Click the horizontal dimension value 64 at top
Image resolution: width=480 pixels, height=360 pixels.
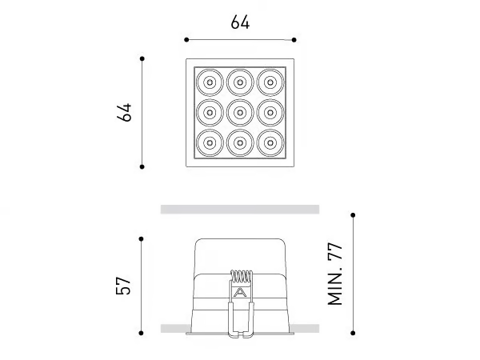tap(240, 22)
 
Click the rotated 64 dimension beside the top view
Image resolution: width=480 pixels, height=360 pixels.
tap(124, 112)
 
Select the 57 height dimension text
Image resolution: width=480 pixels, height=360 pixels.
tap(123, 286)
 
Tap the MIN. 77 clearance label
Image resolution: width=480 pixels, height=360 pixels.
tap(335, 274)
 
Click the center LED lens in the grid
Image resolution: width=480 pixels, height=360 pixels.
tap(240, 113)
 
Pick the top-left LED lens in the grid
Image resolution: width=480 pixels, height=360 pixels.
tap(210, 82)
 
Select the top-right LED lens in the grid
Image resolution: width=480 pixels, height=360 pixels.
tap(270, 82)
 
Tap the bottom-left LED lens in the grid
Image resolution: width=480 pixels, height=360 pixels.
tap(210, 143)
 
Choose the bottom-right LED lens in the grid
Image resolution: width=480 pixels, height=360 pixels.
tap(270, 143)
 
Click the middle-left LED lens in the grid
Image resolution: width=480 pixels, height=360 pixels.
tap(210, 113)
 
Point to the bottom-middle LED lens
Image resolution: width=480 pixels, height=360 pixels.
tap(240, 143)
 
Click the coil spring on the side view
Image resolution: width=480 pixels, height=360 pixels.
tap(242, 276)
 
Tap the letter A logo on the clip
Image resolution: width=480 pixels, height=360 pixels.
tap(240, 292)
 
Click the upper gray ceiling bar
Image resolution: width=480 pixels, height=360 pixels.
tap(240, 210)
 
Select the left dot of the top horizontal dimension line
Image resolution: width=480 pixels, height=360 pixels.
tap(186, 40)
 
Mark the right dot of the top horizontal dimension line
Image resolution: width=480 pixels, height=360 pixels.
tap(294, 40)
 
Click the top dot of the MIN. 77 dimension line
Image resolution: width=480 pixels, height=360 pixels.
tap(353, 215)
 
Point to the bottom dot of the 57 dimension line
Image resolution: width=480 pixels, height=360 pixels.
tap(141, 333)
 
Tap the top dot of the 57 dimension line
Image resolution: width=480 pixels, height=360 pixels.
tap(141, 238)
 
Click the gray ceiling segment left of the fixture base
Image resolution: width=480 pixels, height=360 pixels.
tap(175, 329)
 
